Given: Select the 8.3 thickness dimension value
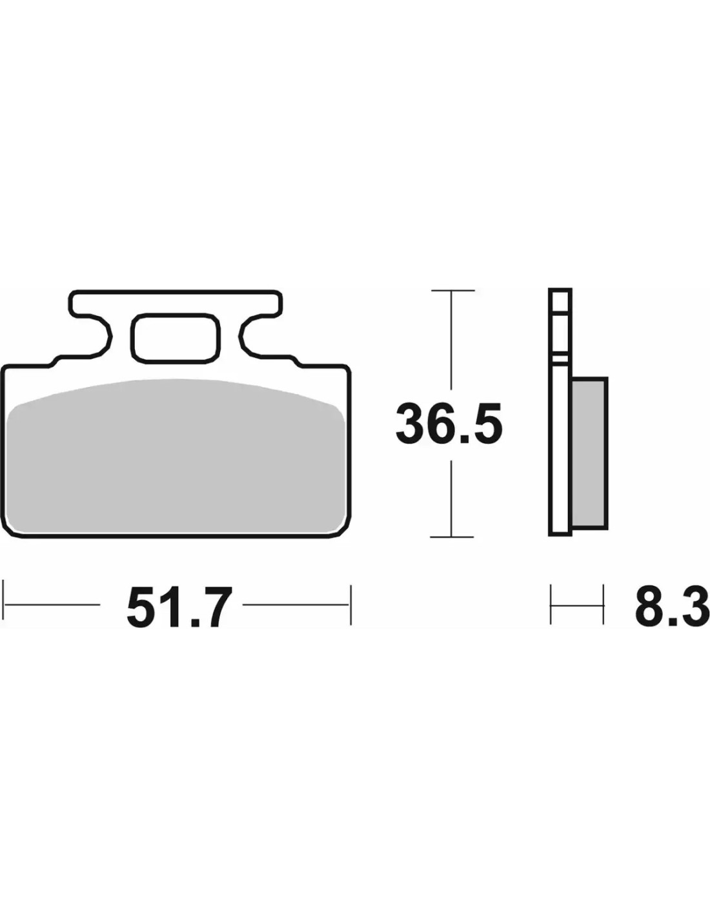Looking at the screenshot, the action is click(670, 605).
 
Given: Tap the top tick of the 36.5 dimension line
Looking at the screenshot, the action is click(452, 291).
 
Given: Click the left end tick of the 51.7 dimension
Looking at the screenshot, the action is click(4, 605).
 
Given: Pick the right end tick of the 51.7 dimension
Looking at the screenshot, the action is click(350, 605).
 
